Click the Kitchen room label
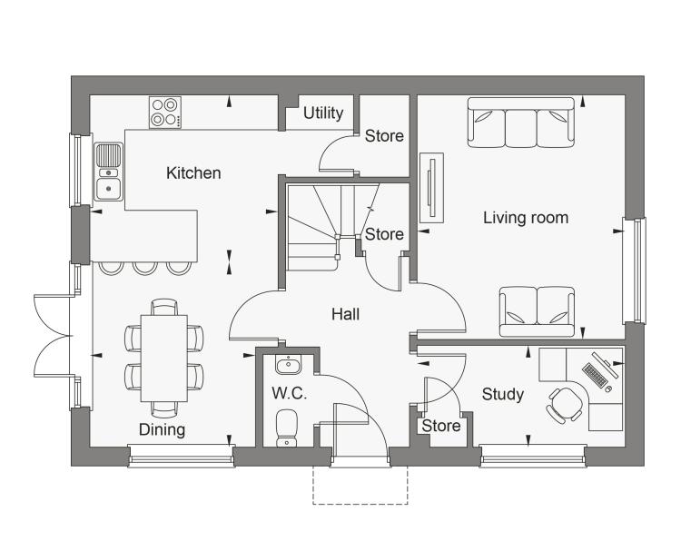[x=193, y=173]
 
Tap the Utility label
[x=323, y=113]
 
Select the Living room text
[x=526, y=218]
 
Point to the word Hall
[x=345, y=314]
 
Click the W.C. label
[x=290, y=393]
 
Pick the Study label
[x=502, y=395]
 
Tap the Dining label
[x=162, y=430]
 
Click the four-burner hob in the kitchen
[x=165, y=113]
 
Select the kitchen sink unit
[x=109, y=172]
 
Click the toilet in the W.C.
[x=287, y=428]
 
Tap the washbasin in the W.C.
[x=288, y=365]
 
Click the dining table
[x=164, y=359]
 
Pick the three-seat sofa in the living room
[x=521, y=123]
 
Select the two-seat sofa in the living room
[x=538, y=311]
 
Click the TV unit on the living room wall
[x=431, y=188]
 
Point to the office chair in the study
[x=565, y=405]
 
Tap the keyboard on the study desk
[x=595, y=376]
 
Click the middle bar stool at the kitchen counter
[x=144, y=269]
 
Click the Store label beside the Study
[x=440, y=426]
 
